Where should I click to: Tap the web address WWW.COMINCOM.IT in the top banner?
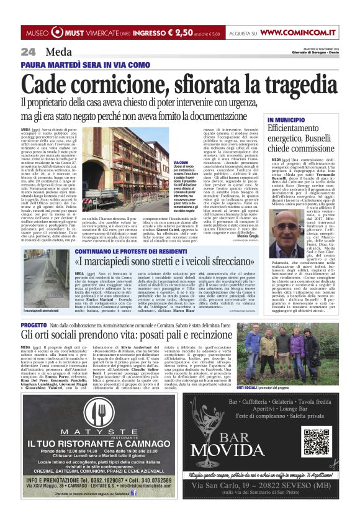pyautogui.click(x=299, y=32)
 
